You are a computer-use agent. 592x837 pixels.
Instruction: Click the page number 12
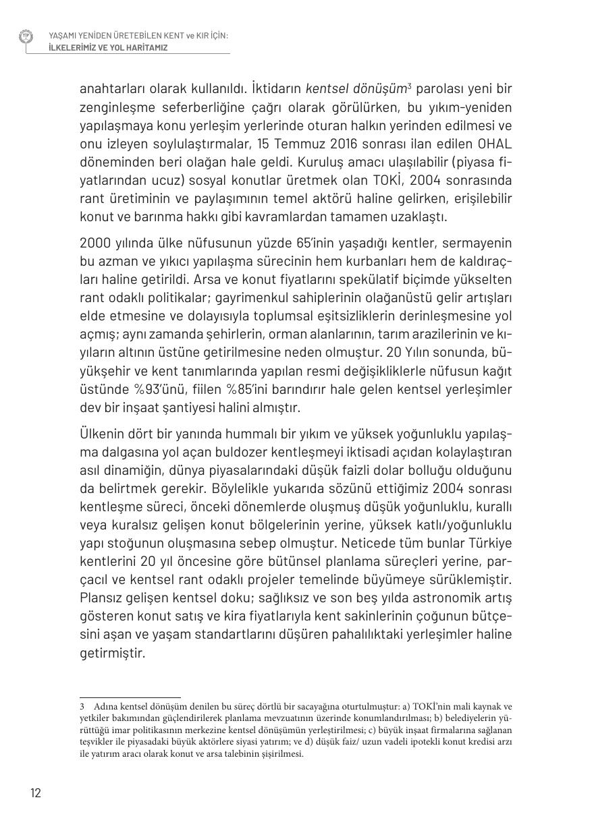tap(35, 793)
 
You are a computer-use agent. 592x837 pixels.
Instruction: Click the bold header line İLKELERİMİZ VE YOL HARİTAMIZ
tap(108, 48)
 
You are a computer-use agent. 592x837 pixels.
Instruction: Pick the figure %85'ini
tap(249, 390)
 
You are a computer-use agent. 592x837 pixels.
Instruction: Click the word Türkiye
tap(485, 543)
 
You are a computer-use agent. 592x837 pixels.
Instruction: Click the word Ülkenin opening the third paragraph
tap(103, 433)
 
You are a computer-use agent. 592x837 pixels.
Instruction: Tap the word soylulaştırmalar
tap(211, 144)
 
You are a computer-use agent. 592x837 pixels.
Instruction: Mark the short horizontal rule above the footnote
tap(130, 697)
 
